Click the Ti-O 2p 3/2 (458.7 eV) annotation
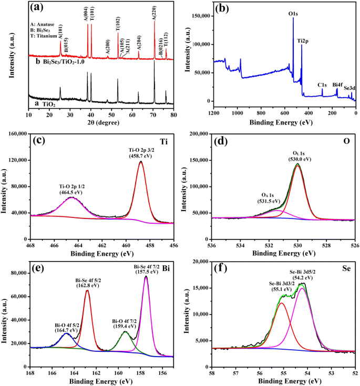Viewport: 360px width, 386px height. [140, 152]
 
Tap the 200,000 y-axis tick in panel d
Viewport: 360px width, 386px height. [196, 134]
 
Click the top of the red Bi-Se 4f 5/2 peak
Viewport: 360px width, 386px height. [87, 290]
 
